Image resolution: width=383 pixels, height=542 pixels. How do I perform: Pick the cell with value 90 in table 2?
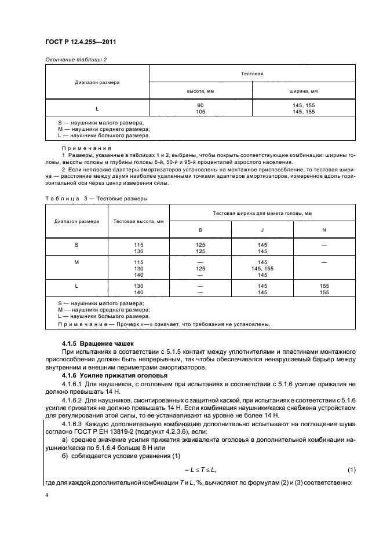200,105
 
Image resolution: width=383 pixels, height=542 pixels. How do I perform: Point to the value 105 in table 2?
200,111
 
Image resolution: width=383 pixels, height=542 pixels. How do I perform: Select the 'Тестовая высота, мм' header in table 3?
138,221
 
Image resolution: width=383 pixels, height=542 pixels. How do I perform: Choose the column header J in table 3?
262,230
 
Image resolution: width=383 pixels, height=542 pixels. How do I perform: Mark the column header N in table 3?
324,230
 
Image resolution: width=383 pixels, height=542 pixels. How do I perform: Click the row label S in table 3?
76,245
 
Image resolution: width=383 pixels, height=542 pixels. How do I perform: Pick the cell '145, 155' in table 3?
262,269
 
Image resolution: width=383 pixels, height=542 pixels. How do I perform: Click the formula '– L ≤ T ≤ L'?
200,467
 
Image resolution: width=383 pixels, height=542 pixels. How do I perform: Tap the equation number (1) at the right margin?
351,467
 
